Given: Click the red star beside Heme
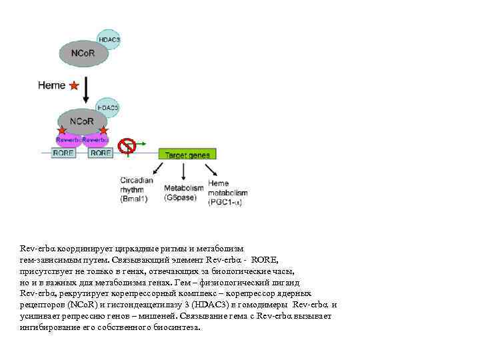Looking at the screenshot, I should click(74, 85).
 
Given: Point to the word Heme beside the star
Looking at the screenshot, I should click(52, 85).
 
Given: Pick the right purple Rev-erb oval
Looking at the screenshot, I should click(96, 140).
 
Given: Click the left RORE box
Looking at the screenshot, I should click(63, 153).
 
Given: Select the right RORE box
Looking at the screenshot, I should click(101, 153).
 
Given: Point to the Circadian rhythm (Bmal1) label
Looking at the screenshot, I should click(137, 189).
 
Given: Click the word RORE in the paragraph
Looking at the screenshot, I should click(266, 259).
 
